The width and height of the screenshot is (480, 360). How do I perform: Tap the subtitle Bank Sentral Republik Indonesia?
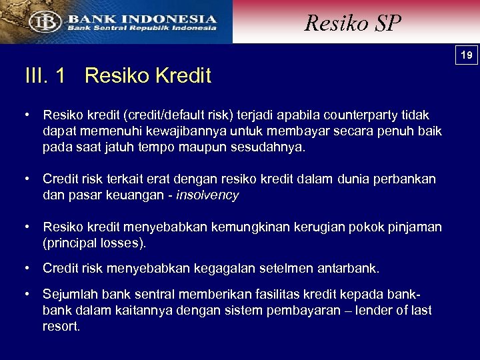click(x=141, y=29)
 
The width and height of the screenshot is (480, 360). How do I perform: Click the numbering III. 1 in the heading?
click(x=45, y=76)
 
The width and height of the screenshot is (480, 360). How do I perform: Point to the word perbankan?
click(x=405, y=179)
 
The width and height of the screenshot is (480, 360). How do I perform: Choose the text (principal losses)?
click(x=94, y=243)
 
